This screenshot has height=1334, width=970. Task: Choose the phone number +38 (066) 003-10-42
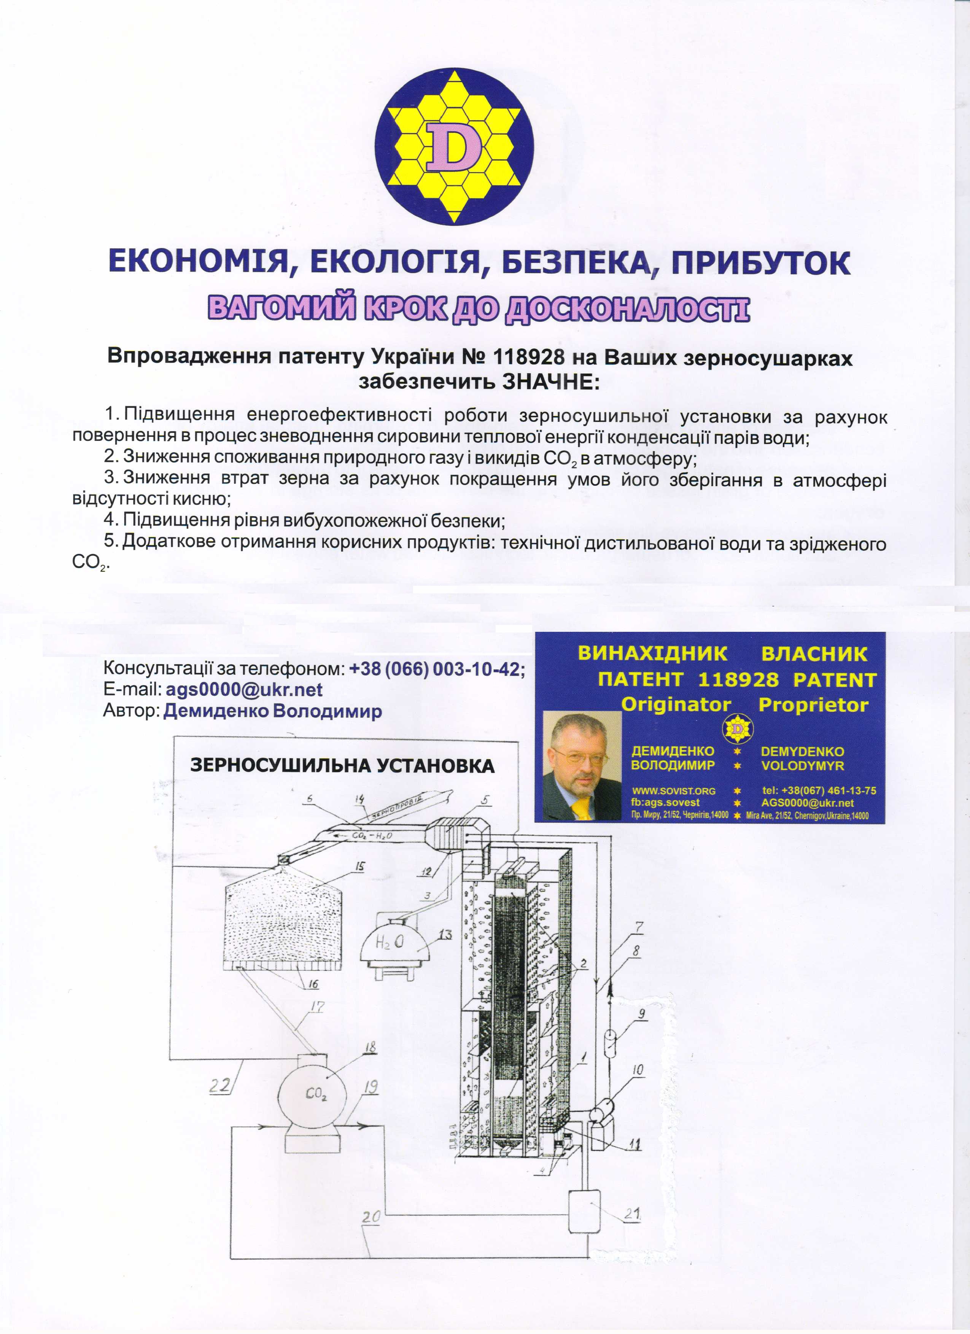[436, 669]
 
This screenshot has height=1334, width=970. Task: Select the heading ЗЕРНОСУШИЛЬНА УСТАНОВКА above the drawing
[342, 765]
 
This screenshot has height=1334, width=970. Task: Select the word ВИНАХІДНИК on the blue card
[653, 653]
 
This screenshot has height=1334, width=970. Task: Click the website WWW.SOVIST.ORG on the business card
[674, 790]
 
